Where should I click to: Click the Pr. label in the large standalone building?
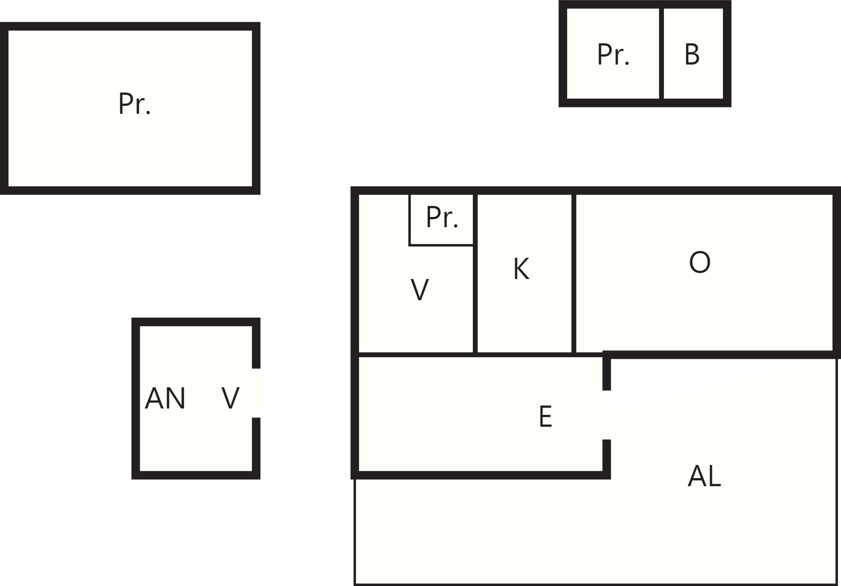(135, 104)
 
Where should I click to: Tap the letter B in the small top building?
(692, 54)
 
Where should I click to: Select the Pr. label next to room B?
(613, 54)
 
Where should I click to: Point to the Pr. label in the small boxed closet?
(442, 217)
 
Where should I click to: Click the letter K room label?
(521, 269)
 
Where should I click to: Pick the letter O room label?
(700, 262)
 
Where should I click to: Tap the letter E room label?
(545, 417)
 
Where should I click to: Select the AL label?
(704, 476)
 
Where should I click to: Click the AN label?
(165, 398)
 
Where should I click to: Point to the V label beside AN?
(231, 398)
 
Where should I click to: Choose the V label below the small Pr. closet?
(420, 290)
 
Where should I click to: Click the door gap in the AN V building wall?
(256, 393)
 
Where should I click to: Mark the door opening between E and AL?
(607, 415)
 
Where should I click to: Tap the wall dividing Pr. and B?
(661, 54)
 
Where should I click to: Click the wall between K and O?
(574, 273)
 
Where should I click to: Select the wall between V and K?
(475, 273)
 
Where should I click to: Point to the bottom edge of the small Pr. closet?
(441, 245)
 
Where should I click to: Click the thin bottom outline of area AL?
(596, 584)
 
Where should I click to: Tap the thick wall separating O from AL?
(721, 355)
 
